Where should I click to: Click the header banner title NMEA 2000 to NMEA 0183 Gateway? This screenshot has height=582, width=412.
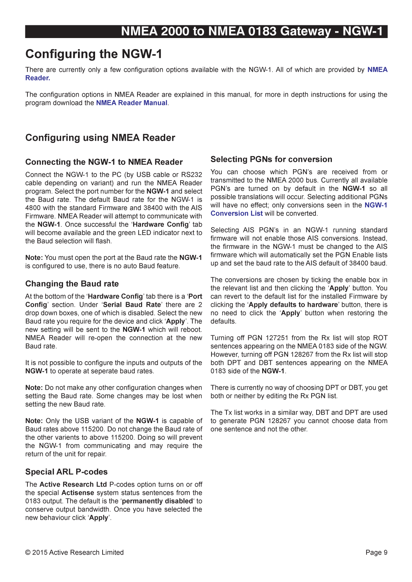(252, 31)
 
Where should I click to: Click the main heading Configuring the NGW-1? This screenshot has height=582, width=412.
(94, 54)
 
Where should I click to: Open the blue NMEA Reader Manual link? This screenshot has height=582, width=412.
(131, 103)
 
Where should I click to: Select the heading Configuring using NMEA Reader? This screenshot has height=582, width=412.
(100, 138)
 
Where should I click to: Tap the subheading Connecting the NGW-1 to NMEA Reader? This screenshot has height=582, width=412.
(104, 162)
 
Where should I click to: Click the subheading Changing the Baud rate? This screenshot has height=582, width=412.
(72, 284)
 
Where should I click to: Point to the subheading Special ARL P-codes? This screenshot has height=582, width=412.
(66, 472)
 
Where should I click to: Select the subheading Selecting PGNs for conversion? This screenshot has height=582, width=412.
(271, 159)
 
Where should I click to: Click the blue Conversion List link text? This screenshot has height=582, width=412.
(236, 213)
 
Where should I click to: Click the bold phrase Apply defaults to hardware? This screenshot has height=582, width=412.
(293, 305)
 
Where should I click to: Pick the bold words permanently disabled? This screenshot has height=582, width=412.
(157, 501)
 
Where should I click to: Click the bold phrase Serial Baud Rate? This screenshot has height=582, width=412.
(132, 305)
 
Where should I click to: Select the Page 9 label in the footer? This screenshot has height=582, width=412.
(376, 552)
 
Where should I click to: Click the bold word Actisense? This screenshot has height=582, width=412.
(78, 493)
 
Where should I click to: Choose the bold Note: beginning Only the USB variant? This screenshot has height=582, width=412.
(34, 421)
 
